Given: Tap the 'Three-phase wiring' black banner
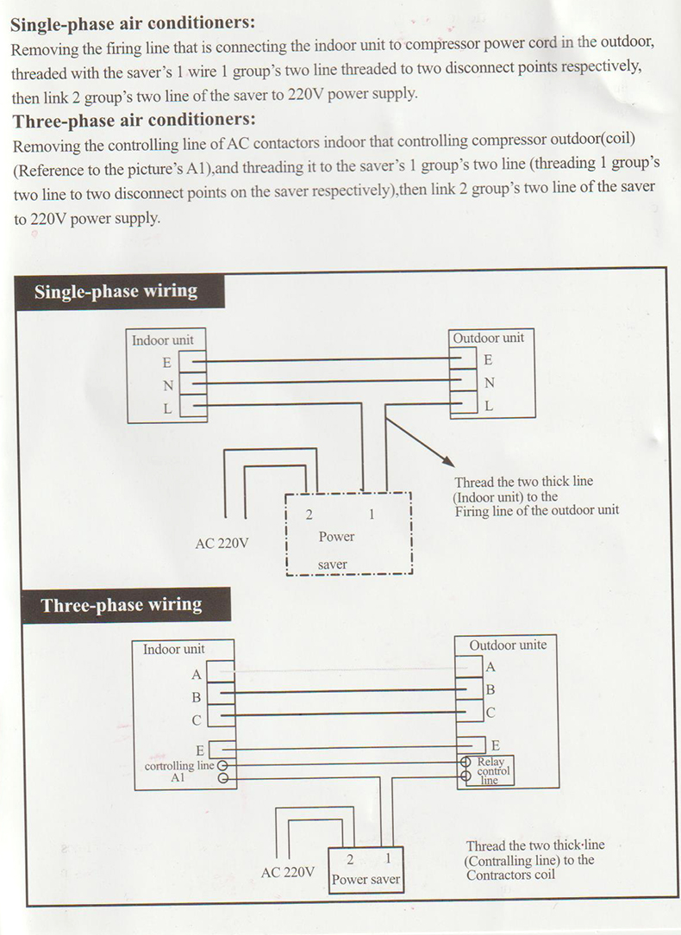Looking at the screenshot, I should coord(122,605).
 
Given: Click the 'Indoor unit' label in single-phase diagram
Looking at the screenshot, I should coord(162,340).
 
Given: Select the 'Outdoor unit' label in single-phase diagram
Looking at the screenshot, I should coord(488,338).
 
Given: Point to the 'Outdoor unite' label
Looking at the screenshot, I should coord(508,645).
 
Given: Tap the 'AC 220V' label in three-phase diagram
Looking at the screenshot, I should coord(288,872).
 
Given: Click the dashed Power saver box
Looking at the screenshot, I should coord(349,534).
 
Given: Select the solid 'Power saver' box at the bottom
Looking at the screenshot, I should coord(366,870).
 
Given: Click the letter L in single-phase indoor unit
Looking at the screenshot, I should coord(167,408).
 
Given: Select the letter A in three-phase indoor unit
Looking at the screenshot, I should coord(197,674).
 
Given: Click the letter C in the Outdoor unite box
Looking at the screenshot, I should coord(490,713).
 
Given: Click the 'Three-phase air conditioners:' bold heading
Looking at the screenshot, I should coord(134,120).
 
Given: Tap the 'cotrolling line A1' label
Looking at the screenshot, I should coord(178,771).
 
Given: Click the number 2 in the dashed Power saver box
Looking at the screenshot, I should coord(308,514).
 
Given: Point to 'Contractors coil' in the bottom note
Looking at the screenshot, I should coord(510,876).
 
